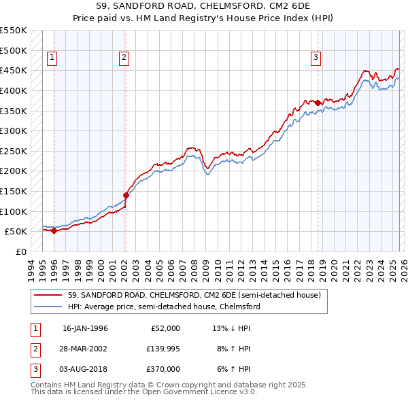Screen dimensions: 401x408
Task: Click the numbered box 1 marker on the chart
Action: [53, 58]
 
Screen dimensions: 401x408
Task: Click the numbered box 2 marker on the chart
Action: [124, 58]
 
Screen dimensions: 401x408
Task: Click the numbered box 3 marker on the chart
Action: [316, 58]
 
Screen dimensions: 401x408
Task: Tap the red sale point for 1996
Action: [54, 230]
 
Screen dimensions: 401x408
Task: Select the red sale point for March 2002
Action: [126, 195]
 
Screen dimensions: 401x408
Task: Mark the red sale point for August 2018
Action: [318, 103]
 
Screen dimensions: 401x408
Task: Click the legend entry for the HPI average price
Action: [164, 307]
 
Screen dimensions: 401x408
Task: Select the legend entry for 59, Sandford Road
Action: [194, 295]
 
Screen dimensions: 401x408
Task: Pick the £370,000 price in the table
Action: [163, 369]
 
